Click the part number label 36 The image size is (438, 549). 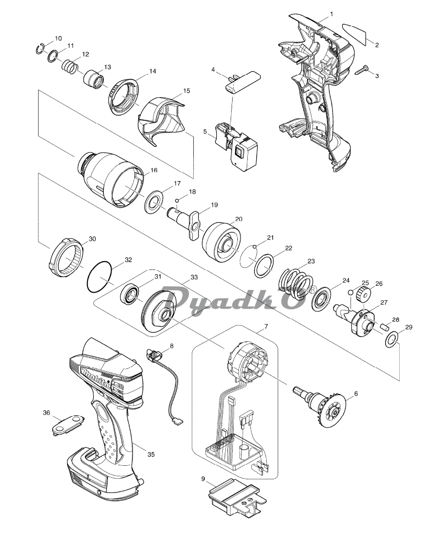(47, 413)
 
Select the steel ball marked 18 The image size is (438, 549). (177, 200)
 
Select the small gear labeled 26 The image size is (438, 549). (364, 293)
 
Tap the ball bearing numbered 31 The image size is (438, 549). (132, 295)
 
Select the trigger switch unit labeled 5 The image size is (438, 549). (236, 146)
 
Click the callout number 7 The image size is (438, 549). (266, 327)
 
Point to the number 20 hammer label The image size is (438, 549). (238, 219)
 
